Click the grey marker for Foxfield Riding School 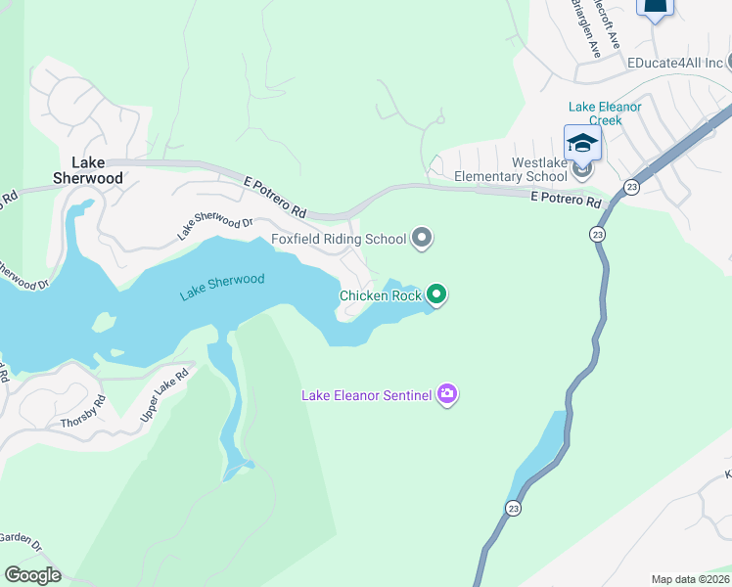pos(423,237)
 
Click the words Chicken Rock pos(381,294)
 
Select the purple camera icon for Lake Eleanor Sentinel pos(447,394)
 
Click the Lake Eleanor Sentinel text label pos(366,395)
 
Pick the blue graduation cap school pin pos(582,143)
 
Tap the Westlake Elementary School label pos(511,169)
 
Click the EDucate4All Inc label pos(675,63)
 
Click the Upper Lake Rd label pos(163,395)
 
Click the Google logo pos(32,574)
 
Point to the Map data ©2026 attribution pos(690,579)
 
